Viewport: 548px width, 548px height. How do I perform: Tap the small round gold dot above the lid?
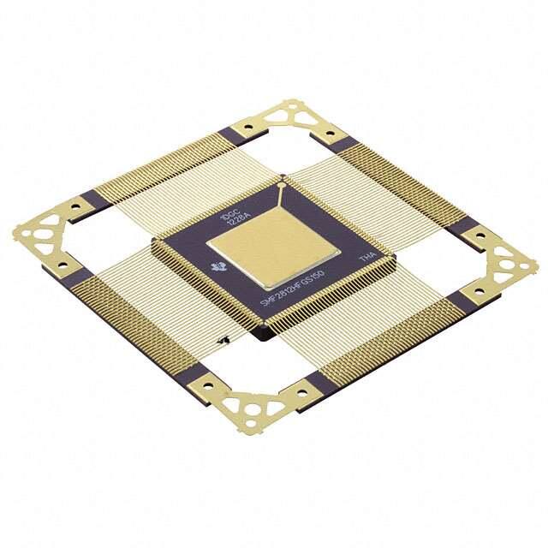coord(283,182)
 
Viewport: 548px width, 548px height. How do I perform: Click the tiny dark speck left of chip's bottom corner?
coord(224,342)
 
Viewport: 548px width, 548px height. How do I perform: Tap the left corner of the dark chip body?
coord(154,247)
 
